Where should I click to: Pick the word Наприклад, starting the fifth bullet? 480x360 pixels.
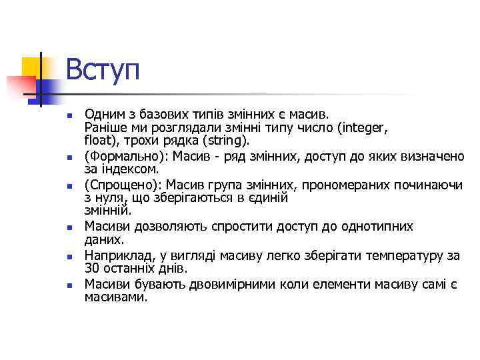pyautogui.click(x=115, y=255)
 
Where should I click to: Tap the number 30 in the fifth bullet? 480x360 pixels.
pyautogui.click(x=92, y=269)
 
